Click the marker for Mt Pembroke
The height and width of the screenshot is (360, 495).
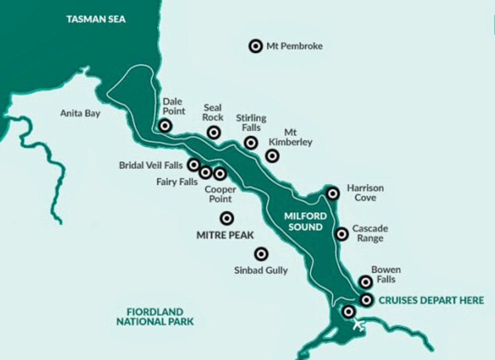(x=255, y=46)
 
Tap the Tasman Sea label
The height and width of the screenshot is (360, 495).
(x=96, y=19)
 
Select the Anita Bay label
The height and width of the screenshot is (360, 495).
(x=80, y=114)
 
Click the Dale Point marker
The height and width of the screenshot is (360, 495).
(x=165, y=126)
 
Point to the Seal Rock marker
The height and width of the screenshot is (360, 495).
(x=213, y=132)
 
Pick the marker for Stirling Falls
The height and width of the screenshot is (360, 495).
(x=250, y=143)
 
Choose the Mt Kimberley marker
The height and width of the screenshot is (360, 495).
(x=272, y=156)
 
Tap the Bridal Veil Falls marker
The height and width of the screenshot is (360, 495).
(x=194, y=165)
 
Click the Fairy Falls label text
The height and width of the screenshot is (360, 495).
(x=177, y=182)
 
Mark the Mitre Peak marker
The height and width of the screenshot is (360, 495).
(x=226, y=218)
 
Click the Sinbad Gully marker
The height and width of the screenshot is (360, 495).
(x=261, y=254)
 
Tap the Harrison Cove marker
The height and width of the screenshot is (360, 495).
(x=333, y=194)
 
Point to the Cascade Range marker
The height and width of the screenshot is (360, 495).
(x=342, y=234)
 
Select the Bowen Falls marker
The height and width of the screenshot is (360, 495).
(x=366, y=282)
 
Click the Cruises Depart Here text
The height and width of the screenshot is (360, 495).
(x=431, y=300)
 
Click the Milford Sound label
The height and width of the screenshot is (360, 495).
(x=306, y=221)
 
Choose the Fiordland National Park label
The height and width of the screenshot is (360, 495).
(x=155, y=317)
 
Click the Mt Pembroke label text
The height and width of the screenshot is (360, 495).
(x=294, y=46)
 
